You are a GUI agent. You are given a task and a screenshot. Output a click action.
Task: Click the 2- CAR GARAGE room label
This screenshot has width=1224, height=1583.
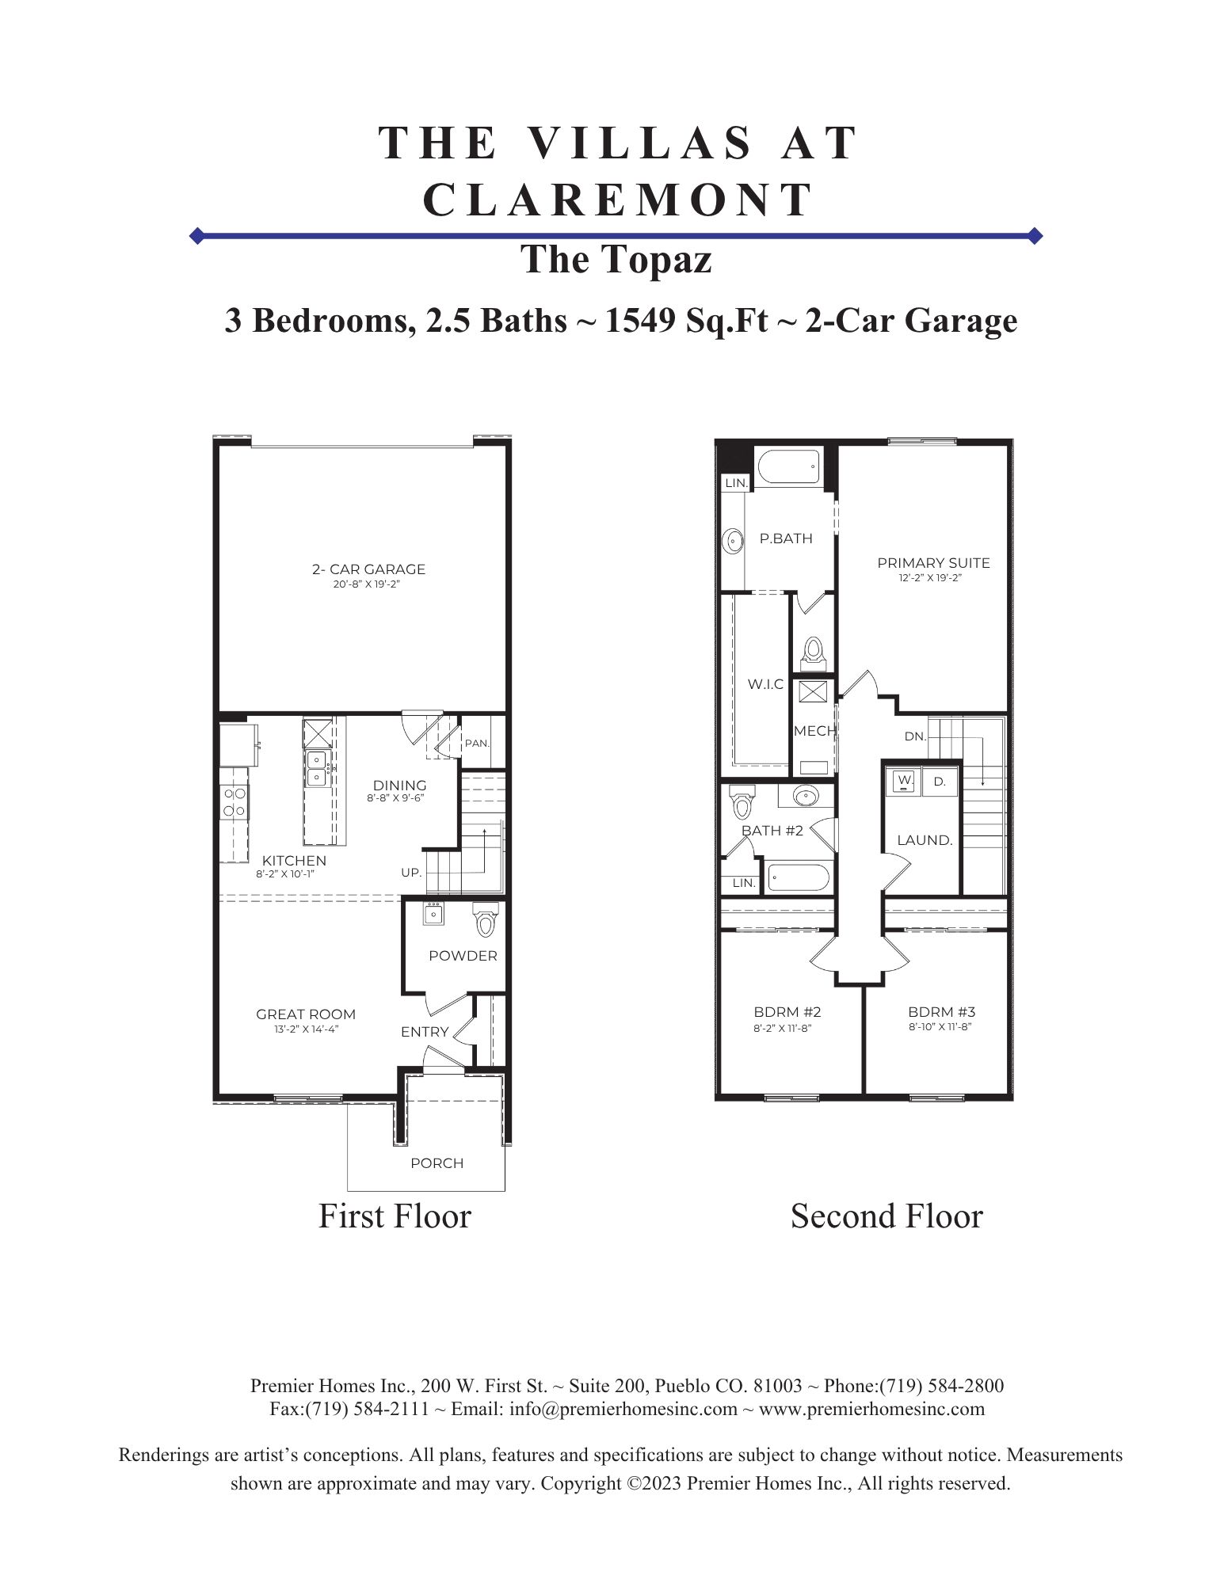coord(368,569)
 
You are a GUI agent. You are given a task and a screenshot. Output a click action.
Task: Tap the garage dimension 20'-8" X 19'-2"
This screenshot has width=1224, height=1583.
coord(366,584)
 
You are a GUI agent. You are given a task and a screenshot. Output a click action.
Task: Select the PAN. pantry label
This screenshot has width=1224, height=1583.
coord(477,744)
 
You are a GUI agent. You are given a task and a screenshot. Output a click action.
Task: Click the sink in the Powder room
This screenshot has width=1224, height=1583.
coord(433,913)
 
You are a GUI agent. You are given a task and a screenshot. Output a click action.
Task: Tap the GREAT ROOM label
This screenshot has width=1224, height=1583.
coord(306,1014)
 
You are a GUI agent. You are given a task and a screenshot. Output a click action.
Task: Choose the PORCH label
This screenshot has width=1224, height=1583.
coord(437,1163)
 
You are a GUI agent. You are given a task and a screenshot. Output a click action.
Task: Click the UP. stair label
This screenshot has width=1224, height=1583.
coord(411,873)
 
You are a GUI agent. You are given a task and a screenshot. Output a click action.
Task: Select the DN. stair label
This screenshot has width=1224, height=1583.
coord(915,736)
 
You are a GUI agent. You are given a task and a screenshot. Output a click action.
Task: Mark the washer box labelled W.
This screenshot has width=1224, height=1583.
coord(904,781)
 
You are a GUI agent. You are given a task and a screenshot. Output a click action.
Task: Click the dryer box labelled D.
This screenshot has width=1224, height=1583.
coord(940,782)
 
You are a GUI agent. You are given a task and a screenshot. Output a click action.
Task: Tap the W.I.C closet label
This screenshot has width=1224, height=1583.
coord(765,684)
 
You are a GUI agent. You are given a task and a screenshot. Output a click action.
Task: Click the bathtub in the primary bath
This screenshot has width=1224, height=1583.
coord(789,468)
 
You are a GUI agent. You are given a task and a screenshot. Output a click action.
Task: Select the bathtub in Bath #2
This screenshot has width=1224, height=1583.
coord(799,878)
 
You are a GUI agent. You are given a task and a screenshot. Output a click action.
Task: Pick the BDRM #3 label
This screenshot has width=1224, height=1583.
coord(941,1012)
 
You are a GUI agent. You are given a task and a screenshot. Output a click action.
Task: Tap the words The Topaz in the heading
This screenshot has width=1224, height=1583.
coord(616,260)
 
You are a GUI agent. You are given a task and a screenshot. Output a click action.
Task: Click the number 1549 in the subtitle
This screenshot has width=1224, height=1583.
coord(641,320)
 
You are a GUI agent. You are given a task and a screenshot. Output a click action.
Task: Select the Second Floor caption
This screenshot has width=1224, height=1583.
coord(887,1216)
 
